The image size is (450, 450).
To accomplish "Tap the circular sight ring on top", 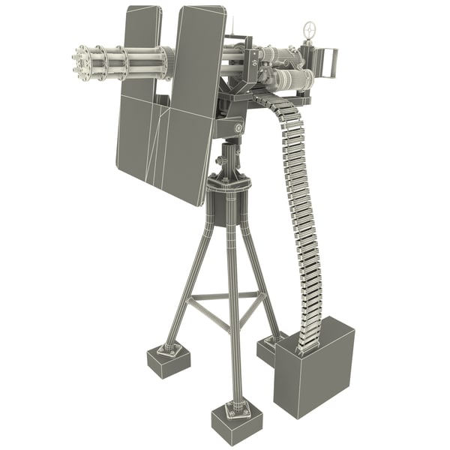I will (x=309, y=30).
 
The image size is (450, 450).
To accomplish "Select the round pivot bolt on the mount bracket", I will (x=238, y=129).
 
